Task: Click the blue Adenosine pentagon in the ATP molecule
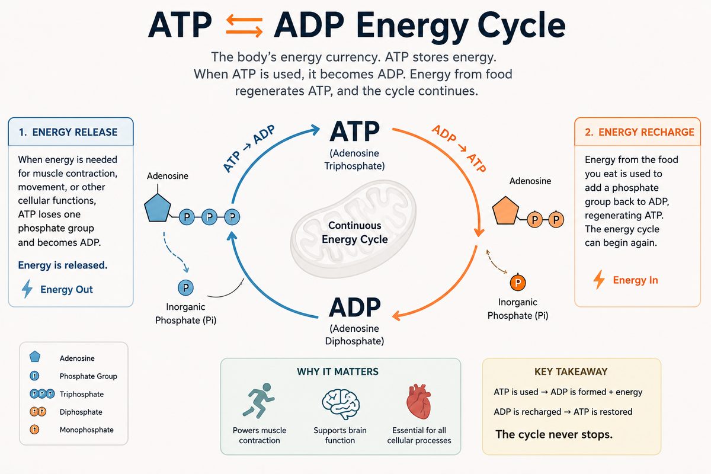click(158, 209)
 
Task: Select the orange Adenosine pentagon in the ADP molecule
click(505, 211)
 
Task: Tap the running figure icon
click(259, 401)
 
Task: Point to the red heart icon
click(419, 402)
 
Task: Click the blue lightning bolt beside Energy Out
click(27, 289)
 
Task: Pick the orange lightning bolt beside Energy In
click(599, 280)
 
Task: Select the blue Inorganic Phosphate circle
click(185, 287)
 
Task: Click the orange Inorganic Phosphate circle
click(518, 283)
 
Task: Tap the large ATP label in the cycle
click(354, 132)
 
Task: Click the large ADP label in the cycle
click(354, 308)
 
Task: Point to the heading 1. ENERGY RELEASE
click(68, 132)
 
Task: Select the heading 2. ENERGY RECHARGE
click(639, 132)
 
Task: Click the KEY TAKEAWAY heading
click(571, 371)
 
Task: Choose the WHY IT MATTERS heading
click(338, 371)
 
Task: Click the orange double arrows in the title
click(244, 25)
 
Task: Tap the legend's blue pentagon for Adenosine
click(34, 357)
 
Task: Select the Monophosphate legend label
click(87, 430)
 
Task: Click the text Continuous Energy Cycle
click(354, 232)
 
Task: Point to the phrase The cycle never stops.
click(554, 434)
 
